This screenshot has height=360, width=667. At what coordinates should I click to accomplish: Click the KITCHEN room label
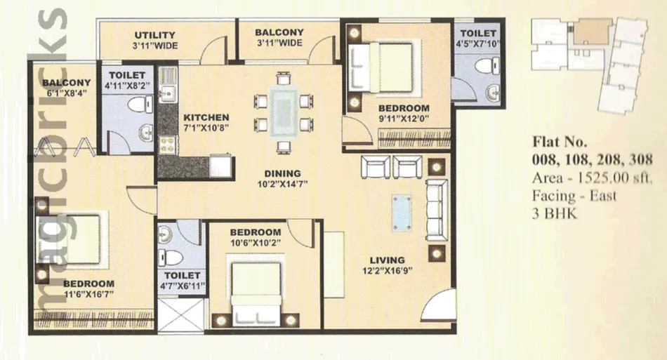tap(206, 117)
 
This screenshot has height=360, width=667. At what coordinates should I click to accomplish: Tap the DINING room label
tap(282, 173)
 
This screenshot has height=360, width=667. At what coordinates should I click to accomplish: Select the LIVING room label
tap(387, 260)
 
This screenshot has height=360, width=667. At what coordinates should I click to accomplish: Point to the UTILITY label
tap(155, 35)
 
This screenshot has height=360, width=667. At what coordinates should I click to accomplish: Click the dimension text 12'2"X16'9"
tap(387, 271)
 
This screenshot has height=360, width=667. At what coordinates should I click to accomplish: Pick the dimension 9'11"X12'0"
tap(404, 119)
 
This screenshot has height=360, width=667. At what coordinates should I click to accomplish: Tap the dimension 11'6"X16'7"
tap(89, 294)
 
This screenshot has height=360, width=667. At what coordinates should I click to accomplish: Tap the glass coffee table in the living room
tap(402, 213)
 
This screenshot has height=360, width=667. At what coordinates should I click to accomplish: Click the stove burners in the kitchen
tap(167, 145)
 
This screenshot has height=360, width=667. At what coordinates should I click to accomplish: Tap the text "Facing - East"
tap(574, 196)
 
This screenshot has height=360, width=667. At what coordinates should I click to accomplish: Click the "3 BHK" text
tap(554, 213)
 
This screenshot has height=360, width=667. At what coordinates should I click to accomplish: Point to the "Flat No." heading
tap(560, 141)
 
